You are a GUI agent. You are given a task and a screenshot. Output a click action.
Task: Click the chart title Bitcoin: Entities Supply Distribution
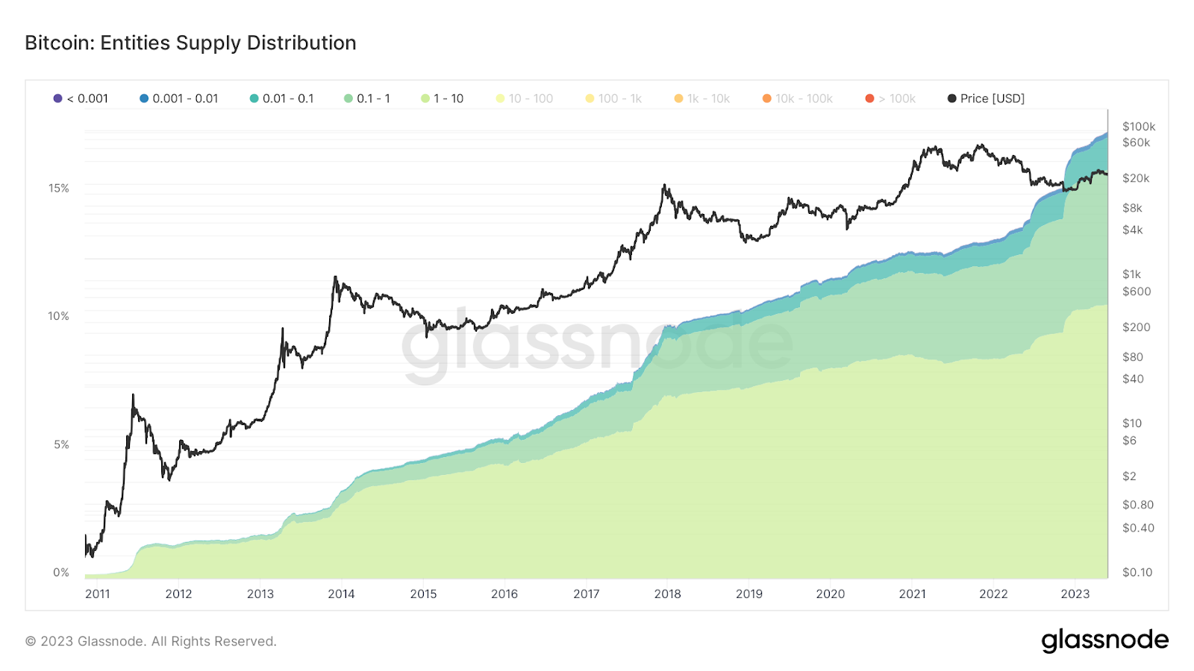click(x=190, y=43)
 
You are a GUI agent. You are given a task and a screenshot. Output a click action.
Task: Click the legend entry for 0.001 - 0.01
click(x=179, y=98)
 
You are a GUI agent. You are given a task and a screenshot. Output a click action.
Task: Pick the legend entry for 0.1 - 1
click(x=367, y=98)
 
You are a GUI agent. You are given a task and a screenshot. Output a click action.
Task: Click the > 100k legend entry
click(x=890, y=98)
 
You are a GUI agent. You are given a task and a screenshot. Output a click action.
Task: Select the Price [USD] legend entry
click(x=986, y=98)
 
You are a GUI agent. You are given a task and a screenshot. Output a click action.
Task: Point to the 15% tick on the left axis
click(x=59, y=188)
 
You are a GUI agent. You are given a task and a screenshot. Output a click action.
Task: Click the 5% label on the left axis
click(x=61, y=444)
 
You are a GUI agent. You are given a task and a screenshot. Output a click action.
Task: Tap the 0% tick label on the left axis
click(x=61, y=573)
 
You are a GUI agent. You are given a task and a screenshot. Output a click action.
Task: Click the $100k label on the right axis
click(x=1138, y=127)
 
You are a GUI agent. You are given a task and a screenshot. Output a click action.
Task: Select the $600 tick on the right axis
click(x=1136, y=292)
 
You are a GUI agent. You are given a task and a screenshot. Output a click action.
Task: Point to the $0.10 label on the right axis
click(x=1137, y=573)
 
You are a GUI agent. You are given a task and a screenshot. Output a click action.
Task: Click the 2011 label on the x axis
click(x=98, y=594)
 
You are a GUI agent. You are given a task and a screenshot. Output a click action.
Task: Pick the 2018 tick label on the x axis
click(x=667, y=594)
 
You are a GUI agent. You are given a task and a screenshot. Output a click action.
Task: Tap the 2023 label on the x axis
click(x=1075, y=594)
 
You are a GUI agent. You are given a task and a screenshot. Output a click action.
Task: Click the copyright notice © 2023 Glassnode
click(x=151, y=641)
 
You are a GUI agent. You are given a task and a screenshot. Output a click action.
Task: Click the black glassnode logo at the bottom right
click(x=1104, y=640)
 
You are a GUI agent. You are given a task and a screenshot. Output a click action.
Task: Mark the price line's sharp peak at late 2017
click(x=663, y=186)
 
